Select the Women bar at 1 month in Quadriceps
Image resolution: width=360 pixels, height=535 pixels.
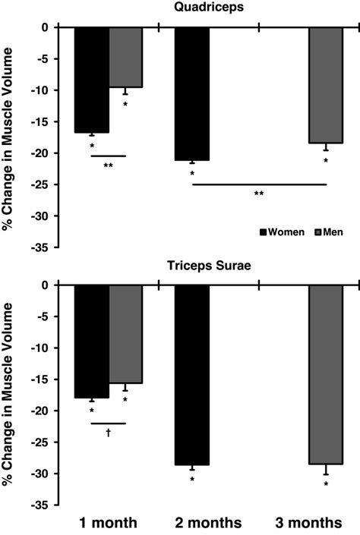tap(91, 80)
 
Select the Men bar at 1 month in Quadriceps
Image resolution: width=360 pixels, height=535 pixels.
tap(125, 57)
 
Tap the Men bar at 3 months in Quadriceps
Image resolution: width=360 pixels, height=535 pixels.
tap(326, 85)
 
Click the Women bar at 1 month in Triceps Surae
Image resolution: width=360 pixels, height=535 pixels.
tap(91, 341)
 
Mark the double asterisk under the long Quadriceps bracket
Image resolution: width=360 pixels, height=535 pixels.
tap(259, 194)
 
